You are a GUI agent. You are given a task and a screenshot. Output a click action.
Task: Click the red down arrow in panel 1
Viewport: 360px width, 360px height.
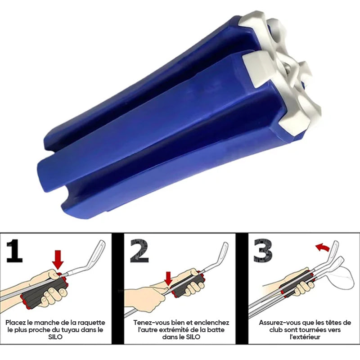[x=58, y=260]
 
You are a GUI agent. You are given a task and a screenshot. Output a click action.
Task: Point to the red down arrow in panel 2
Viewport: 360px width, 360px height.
[x=169, y=279]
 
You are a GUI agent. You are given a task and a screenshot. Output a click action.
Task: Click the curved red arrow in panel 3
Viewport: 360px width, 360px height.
[x=323, y=247]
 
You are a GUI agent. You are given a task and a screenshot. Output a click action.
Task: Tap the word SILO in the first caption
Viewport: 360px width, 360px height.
[x=55, y=337]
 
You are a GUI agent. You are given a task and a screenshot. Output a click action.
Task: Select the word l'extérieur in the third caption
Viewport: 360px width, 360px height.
[x=305, y=337]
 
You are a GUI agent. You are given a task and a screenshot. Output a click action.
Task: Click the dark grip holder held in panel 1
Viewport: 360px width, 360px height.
[x=44, y=291]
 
